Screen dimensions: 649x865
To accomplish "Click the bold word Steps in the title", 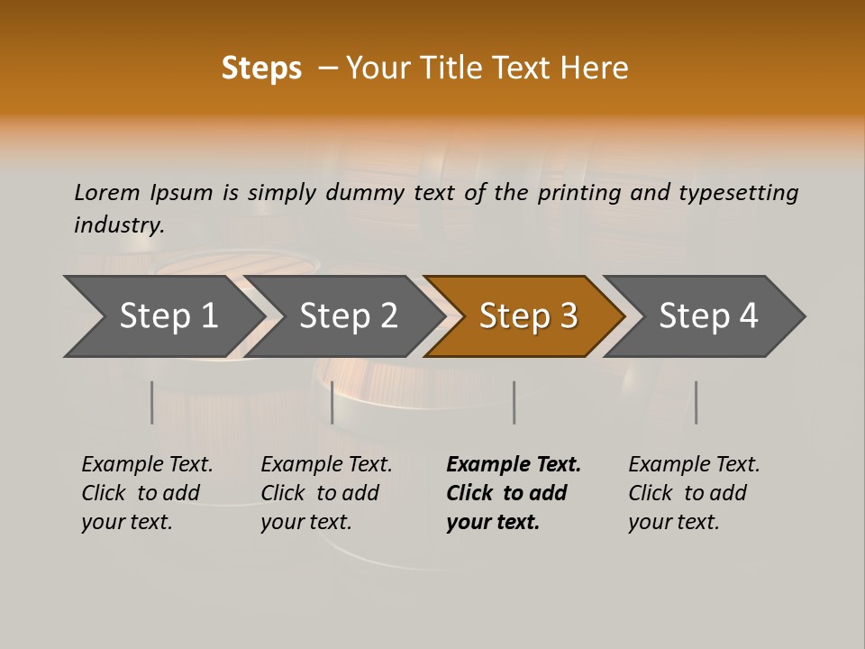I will click(261, 69).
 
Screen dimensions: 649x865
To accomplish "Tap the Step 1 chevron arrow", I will click(167, 316).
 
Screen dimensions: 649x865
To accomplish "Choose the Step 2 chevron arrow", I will click(348, 316).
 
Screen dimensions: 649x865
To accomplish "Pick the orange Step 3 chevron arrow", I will click(527, 316).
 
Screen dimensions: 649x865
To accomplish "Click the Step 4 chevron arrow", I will click(707, 316).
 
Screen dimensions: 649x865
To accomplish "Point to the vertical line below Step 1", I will click(152, 402).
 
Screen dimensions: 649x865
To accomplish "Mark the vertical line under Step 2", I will click(332, 402).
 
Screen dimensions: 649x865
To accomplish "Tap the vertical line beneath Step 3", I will click(514, 402).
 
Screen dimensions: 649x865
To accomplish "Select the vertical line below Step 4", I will click(696, 402).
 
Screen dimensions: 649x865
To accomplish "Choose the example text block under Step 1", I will click(147, 492).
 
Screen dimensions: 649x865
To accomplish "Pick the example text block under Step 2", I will click(326, 492).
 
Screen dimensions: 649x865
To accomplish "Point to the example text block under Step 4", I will click(694, 492).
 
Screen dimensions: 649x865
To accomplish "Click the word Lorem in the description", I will click(107, 193).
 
